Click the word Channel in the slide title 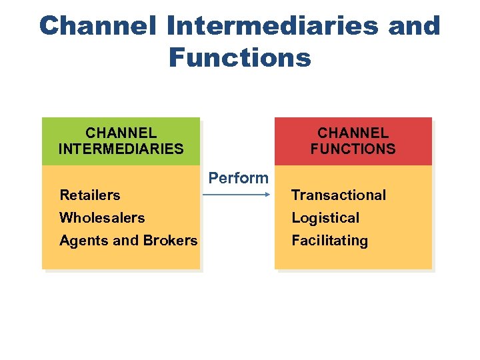coord(97,26)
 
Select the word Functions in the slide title coord(239,58)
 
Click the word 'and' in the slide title coord(413,26)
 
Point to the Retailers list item coord(90,195)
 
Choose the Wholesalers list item coord(102,218)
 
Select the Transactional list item coord(339,195)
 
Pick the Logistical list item coord(325,218)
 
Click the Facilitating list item coord(329,241)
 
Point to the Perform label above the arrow coord(238,178)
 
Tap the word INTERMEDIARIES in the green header coord(121,149)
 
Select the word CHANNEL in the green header coord(121,133)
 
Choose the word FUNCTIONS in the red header coord(353,149)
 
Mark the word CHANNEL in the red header coord(353,133)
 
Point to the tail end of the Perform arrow coord(204,195)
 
